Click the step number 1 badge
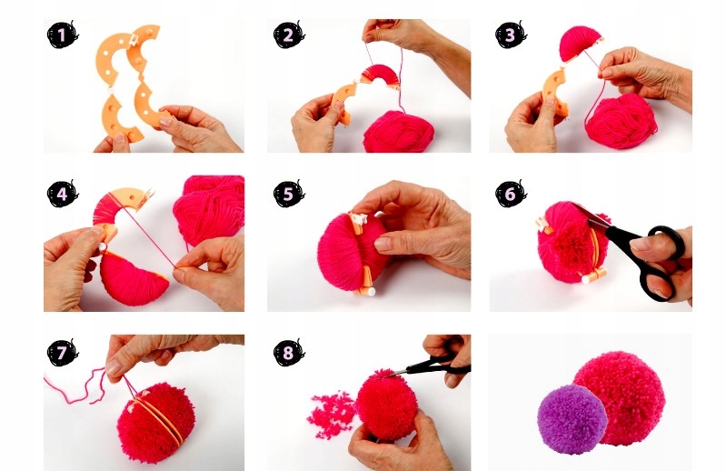(62, 35)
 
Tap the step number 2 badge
(288, 35)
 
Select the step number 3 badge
(511, 35)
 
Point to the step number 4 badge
(62, 194)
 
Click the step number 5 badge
(288, 194)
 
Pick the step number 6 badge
(511, 194)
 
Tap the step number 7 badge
(62, 353)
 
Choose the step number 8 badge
(288, 353)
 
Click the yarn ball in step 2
(399, 132)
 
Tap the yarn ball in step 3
(621, 120)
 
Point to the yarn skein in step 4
(209, 208)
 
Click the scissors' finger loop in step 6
(667, 241)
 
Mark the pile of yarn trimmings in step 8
(331, 415)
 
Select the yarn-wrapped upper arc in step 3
(581, 44)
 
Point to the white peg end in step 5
(370, 292)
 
